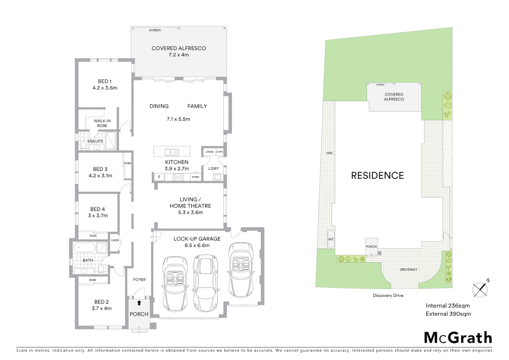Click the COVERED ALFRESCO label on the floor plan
point(179,48)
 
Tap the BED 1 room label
point(105,81)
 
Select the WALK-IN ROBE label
point(102,123)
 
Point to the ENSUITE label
point(95,141)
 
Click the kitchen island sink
point(172,152)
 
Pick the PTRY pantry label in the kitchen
point(196,177)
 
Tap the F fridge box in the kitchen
point(159,177)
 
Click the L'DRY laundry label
point(214,169)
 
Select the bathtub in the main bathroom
point(84,248)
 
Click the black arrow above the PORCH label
point(139,303)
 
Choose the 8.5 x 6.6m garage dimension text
point(197,245)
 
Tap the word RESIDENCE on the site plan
point(377,176)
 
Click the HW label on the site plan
point(329,153)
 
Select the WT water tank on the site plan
point(331,239)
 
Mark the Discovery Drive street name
point(388,296)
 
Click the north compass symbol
point(480,289)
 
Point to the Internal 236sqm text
point(447,306)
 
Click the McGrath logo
point(458,338)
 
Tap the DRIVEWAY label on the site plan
point(408,270)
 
